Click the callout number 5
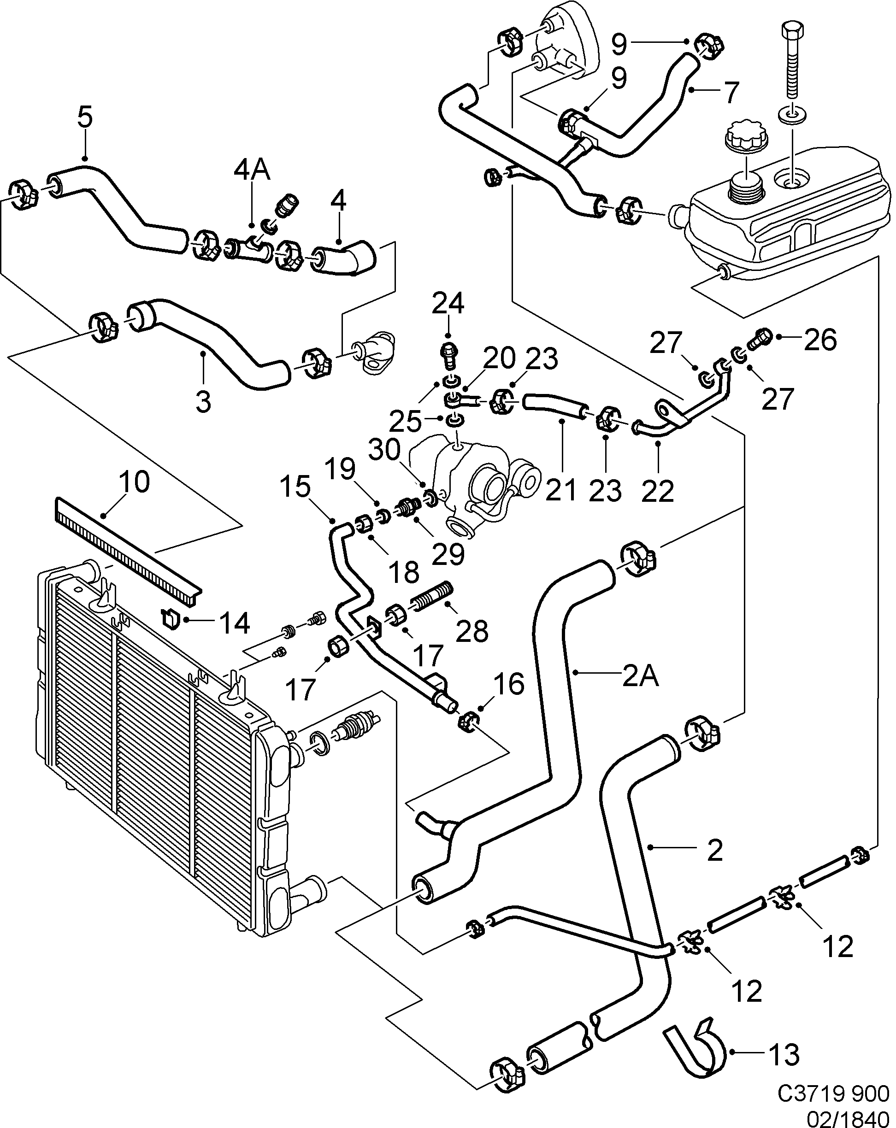(x=85, y=117)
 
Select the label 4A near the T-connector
(x=251, y=170)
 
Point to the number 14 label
(x=234, y=623)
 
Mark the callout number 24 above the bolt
(x=448, y=304)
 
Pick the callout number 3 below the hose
(x=204, y=402)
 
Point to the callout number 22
(x=657, y=491)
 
